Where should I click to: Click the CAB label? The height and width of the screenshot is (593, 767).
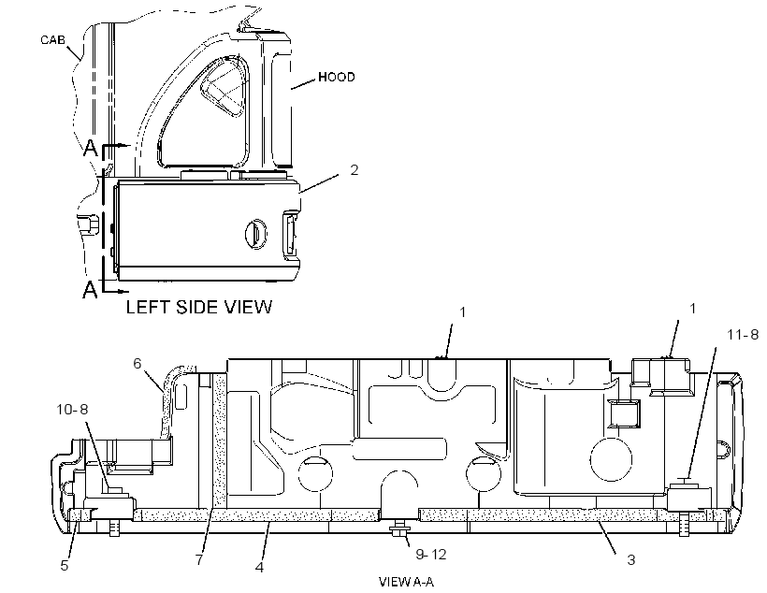pyautogui.click(x=52, y=39)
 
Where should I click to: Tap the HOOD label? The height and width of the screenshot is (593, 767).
pyautogui.click(x=337, y=77)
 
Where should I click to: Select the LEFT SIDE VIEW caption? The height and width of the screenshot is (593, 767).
pyautogui.click(x=198, y=307)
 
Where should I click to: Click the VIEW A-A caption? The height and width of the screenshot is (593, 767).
pyautogui.click(x=406, y=582)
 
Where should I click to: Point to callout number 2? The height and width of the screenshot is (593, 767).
pyautogui.click(x=355, y=170)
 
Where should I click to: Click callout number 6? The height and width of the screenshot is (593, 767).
pyautogui.click(x=137, y=363)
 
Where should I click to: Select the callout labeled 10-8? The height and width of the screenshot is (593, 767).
pyautogui.click(x=72, y=409)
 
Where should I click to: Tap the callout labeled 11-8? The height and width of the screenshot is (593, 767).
pyautogui.click(x=743, y=335)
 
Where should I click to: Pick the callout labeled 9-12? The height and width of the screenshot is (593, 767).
pyautogui.click(x=431, y=555)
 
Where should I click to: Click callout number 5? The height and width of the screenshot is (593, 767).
pyautogui.click(x=65, y=566)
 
